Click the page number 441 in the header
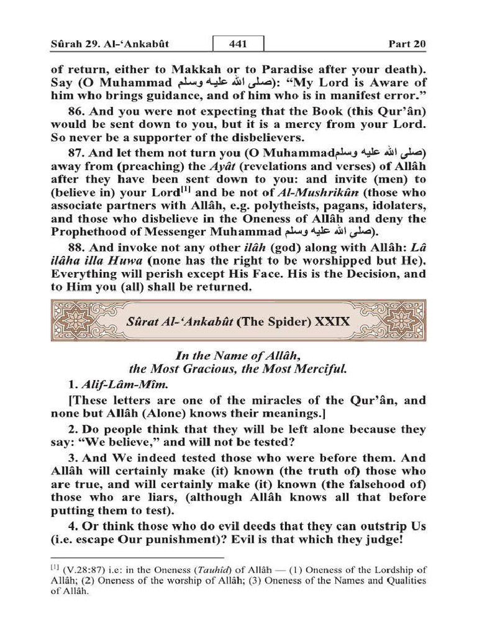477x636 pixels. tap(238, 44)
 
